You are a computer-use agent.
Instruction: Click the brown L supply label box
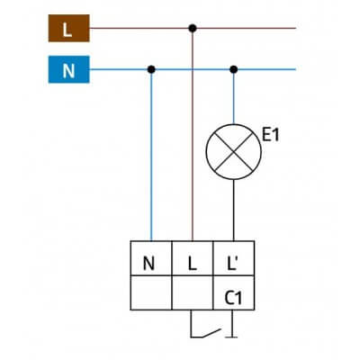pos(67,29)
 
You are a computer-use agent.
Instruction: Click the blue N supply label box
pos(67,68)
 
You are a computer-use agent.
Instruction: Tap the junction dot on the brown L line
pos(192,29)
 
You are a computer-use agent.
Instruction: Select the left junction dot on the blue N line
pos(151,68)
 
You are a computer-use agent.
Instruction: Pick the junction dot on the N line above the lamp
pos(234,68)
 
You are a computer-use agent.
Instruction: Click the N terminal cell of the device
pos(151,264)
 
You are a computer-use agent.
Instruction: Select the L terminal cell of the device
pos(192,264)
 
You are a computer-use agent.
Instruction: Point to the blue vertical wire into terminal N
pos(151,162)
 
